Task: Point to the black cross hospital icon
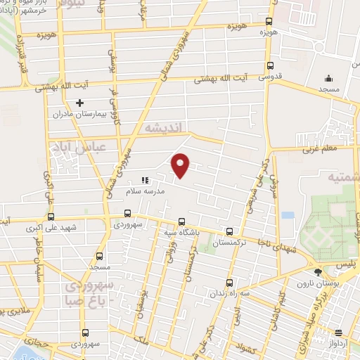[79, 103]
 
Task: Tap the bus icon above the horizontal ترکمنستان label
[229, 231]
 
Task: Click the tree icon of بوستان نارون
[318, 272]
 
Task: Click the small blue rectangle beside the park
[287, 215]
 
